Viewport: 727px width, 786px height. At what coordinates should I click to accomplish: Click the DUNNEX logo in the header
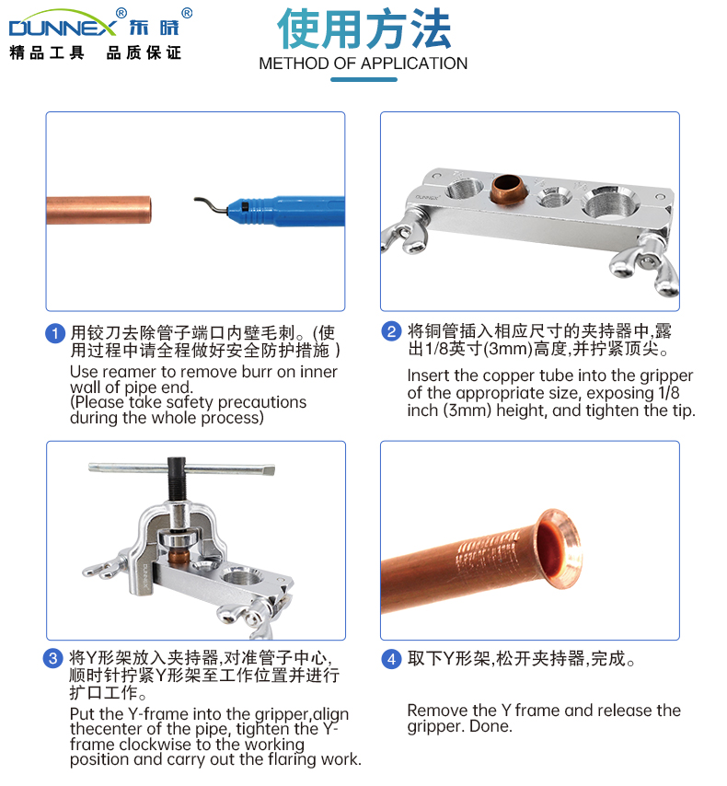63,25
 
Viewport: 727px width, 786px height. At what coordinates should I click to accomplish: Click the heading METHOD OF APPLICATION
363,64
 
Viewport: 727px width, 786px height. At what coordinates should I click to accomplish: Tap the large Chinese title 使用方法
364,29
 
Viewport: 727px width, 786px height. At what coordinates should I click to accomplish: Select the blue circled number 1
55,333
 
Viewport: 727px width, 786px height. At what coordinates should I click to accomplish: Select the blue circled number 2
391,331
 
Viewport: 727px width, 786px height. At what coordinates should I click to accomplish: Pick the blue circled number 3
52,658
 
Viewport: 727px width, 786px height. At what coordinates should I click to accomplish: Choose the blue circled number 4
391,659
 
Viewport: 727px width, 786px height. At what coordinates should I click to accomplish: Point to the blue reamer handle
286,211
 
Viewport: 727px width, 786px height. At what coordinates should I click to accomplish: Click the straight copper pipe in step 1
98,210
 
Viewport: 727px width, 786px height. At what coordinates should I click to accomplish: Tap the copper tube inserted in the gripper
508,189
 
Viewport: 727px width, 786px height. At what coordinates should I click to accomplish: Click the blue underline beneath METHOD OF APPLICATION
363,80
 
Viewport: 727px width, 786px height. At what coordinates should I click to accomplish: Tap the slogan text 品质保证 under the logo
144,52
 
